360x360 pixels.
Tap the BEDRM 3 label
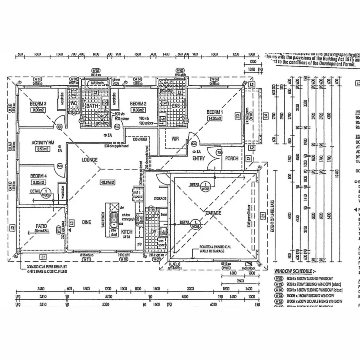38,104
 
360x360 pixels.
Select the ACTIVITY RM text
43,142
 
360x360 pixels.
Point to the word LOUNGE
90,160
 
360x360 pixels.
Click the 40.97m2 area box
107,182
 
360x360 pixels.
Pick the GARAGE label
213,213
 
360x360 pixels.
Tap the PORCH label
232,158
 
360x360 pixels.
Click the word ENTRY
198,158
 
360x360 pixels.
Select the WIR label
175,139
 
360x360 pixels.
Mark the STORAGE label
160,198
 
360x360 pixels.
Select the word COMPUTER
140,139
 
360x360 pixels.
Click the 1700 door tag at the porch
219,153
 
